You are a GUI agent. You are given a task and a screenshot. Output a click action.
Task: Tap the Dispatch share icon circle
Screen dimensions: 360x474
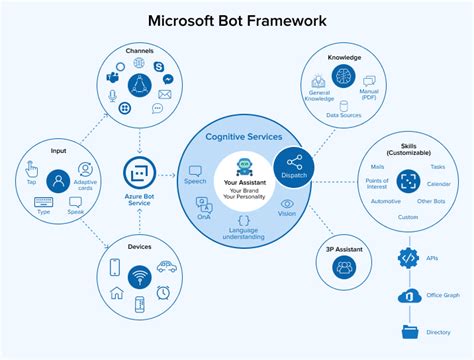[x=295, y=164]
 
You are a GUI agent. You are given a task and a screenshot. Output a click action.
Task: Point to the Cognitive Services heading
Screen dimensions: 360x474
[x=245, y=137]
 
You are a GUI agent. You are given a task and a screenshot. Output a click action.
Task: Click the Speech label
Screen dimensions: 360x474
[x=195, y=183]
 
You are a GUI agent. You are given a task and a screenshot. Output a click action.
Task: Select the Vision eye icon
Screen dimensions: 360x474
[x=287, y=203]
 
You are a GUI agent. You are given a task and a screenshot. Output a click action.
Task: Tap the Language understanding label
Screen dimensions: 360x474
[x=244, y=232]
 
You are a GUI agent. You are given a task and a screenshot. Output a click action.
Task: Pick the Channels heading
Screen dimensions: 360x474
[x=139, y=50]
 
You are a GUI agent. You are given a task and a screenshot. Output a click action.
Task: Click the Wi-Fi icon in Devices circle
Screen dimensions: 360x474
[x=139, y=272]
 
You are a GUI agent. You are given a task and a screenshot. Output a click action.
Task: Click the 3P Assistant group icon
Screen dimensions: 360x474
[x=345, y=266]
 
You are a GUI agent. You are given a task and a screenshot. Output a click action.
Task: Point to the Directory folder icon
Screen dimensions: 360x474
[x=407, y=332]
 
